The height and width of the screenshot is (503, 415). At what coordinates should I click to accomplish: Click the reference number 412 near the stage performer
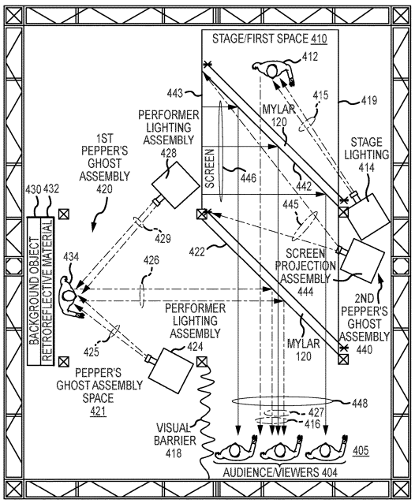point(310,57)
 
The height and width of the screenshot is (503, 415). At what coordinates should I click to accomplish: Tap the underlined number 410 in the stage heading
point(319,39)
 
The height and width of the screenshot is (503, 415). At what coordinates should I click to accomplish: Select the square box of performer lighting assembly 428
point(175,185)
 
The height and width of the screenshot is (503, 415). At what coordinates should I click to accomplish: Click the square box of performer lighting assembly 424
point(171,371)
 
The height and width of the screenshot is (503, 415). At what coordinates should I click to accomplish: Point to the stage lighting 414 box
point(368,217)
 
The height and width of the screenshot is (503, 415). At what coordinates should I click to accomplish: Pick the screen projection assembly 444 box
point(362,260)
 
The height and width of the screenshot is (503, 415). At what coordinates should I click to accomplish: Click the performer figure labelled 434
point(71,296)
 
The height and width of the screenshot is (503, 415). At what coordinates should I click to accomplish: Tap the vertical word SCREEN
point(209,169)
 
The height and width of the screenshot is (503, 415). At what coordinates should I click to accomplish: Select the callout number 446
point(248,177)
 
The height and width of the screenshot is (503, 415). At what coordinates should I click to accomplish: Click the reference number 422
point(196,251)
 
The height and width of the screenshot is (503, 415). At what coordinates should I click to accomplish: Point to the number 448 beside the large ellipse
point(360,403)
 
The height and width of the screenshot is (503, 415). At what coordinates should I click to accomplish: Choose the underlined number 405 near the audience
point(361,450)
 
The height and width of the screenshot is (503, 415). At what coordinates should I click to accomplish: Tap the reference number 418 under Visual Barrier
point(174,453)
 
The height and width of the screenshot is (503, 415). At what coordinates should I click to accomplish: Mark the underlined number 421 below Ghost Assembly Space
point(98,411)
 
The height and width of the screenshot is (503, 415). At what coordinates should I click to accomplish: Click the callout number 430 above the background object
point(33,189)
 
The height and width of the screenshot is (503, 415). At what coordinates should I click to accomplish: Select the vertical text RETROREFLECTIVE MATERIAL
point(47,291)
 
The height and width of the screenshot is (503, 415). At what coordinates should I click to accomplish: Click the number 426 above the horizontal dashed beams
point(151,260)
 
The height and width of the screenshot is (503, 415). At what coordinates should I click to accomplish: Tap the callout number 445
point(290,204)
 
